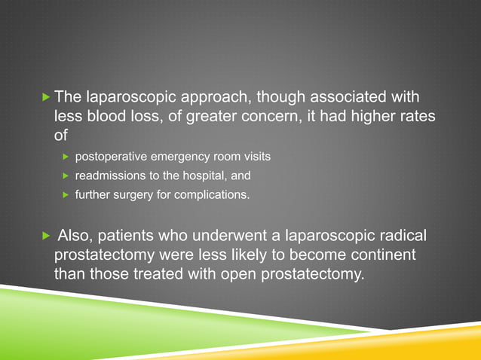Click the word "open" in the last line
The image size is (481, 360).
[x=237, y=273]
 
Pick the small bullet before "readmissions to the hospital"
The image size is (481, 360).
[x=66, y=176]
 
